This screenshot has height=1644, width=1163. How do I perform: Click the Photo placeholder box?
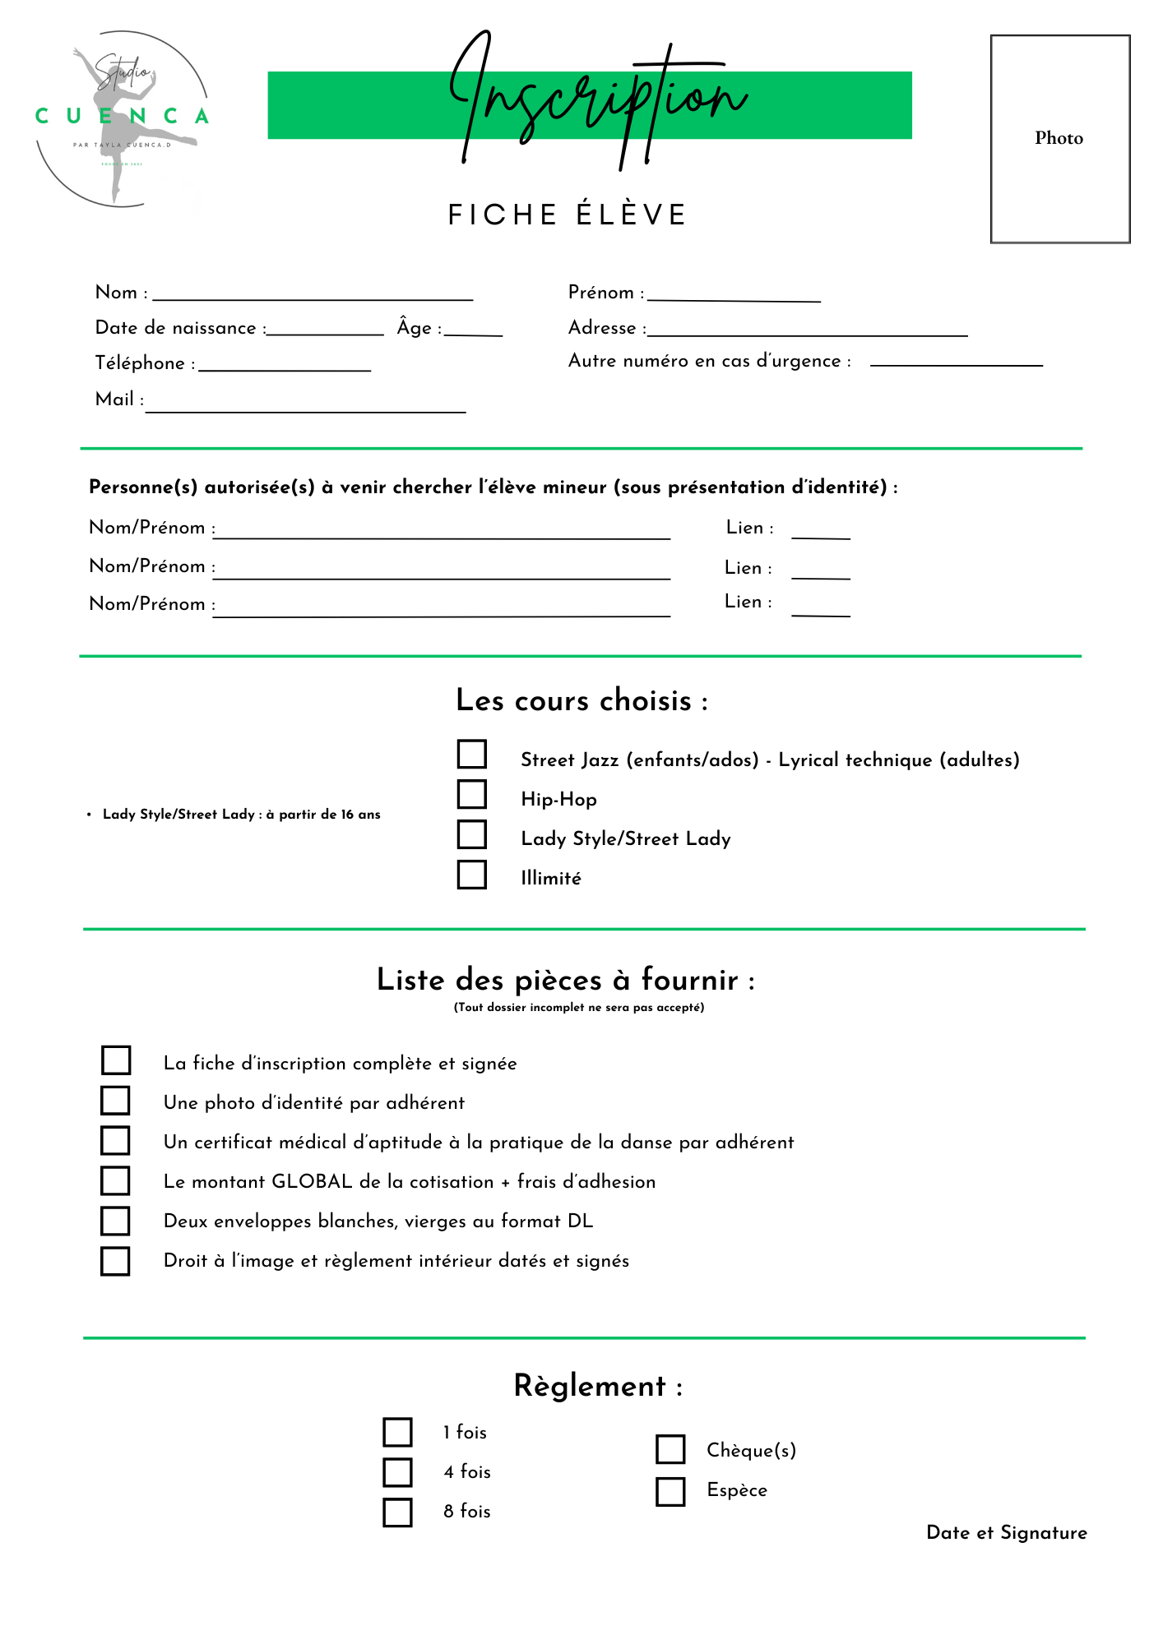1059,139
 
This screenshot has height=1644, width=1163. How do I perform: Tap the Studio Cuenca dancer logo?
122,118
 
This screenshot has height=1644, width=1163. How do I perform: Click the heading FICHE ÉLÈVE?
568,215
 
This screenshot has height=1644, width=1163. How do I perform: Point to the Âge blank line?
473,331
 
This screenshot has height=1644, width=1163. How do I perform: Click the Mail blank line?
306,407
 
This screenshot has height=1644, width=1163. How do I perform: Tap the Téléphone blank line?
285,367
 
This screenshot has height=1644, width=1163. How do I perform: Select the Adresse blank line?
807,332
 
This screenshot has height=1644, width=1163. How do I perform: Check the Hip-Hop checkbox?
472,795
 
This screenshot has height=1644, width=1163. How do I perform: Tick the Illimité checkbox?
472,875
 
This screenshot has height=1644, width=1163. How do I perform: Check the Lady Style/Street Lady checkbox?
472,834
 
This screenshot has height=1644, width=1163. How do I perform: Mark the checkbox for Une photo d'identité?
115,1100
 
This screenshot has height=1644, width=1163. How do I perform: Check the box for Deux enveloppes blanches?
115,1221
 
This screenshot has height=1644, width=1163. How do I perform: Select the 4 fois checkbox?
397,1472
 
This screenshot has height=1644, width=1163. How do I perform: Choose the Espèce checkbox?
670,1491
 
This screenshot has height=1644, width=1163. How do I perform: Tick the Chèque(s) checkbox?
670,1449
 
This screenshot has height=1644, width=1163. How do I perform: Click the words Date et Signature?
1007,1533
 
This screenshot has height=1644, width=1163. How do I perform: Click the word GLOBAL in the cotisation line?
312,1182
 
